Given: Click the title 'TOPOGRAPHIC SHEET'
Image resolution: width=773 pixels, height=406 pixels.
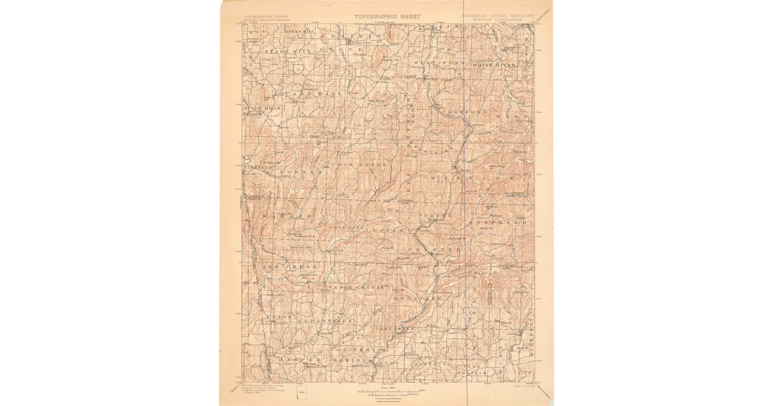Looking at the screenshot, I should (x=386, y=17).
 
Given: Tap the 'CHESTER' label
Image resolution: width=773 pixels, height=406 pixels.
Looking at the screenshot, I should (x=437, y=249).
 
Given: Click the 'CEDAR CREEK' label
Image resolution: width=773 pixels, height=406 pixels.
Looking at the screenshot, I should (x=357, y=287).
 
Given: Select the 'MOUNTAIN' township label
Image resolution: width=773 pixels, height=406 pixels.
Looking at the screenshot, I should (x=419, y=300).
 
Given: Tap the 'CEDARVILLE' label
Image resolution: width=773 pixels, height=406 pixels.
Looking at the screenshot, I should (x=314, y=320).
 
